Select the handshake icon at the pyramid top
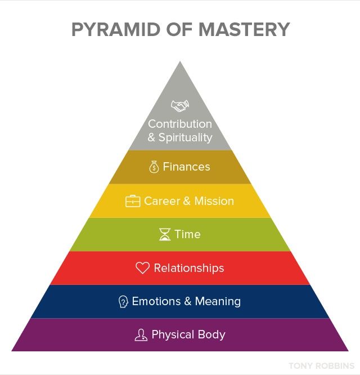[180, 106]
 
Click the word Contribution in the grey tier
[180, 124]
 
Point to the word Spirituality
[185, 137]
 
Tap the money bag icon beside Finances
[154, 167]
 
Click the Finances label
[186, 167]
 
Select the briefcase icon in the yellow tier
[133, 202]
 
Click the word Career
[163, 201]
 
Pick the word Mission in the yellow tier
[214, 201]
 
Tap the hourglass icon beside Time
[164, 235]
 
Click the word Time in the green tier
[187, 234]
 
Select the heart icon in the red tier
[142, 268]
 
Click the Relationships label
[188, 268]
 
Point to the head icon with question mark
[123, 302]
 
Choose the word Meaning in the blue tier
[218, 301]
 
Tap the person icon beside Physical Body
[141, 335]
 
